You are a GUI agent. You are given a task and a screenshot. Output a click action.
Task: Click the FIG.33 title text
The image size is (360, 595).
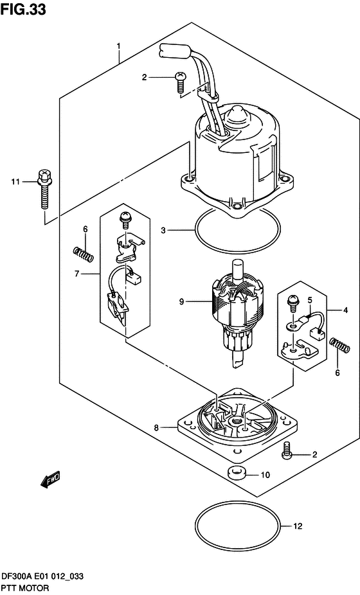[x=23, y=9]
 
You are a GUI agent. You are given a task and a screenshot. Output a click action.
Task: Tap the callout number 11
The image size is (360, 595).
[x=15, y=182]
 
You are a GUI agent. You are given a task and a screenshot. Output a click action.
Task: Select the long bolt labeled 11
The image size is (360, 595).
[x=44, y=189]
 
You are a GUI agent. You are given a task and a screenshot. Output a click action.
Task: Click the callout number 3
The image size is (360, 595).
[x=163, y=230]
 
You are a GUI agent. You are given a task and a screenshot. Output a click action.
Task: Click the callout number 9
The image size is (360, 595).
[x=181, y=301]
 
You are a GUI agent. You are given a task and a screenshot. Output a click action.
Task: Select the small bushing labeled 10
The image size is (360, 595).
[x=236, y=474]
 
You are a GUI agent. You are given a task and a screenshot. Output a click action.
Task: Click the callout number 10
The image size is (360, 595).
[x=265, y=475]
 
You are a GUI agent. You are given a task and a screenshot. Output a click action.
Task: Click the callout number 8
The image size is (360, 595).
[x=156, y=428]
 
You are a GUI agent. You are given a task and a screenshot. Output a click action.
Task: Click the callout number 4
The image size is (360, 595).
[x=345, y=310]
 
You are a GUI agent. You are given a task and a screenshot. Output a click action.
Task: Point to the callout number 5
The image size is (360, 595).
[x=310, y=300]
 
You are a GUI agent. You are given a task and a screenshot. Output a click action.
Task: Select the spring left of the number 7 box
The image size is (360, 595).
[x=83, y=254]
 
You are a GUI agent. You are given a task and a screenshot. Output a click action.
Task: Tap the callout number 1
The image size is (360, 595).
[x=118, y=47]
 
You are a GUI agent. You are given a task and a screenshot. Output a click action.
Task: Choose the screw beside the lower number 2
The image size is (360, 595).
[x=287, y=449]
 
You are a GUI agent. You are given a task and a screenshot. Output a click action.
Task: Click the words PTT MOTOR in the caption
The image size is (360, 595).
[x=26, y=588]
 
